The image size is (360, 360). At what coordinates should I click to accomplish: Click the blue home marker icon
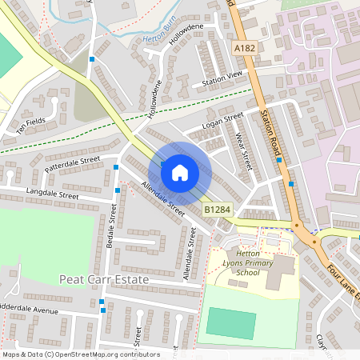(x=180, y=172)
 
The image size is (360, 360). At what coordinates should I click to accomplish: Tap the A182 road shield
(x=246, y=50)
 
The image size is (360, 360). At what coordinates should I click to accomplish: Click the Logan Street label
(x=222, y=119)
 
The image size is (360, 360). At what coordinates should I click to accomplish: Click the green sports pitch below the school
(x=231, y=322)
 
